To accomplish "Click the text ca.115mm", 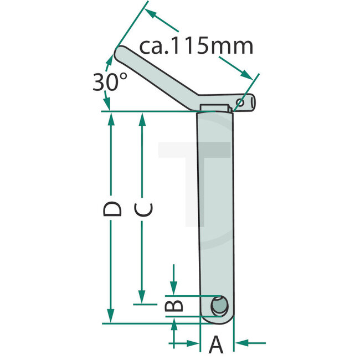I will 196,47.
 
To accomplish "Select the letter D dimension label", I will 112,209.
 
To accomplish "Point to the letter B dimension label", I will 174,305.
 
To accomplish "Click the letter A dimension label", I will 216,346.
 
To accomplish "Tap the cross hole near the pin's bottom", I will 220,305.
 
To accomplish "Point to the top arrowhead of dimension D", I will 112,117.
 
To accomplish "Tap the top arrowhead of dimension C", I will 142,117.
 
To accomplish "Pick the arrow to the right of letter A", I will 240,343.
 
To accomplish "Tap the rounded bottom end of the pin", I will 217,321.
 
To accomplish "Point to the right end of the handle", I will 254,101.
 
